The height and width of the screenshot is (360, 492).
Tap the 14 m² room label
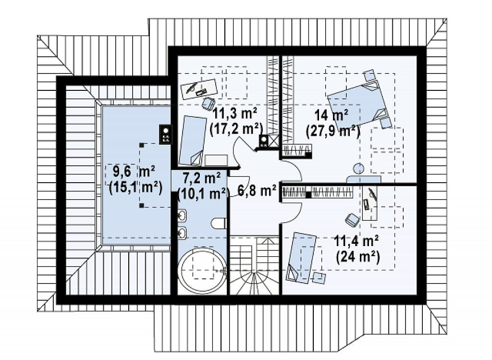pos(332,115)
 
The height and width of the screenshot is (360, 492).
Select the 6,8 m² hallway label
pos(257,190)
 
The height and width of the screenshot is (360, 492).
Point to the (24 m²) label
pos(357,257)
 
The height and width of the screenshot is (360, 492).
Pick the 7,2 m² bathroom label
pos(201,178)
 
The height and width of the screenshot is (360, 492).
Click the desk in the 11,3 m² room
pos(199,89)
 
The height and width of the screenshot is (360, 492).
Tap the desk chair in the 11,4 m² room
pos(352,220)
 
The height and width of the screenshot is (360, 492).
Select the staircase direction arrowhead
pos(267,240)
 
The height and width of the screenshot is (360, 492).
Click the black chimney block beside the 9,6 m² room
pos(165,134)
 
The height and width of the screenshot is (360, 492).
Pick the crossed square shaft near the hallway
pos(273,141)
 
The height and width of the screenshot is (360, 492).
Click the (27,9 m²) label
pos(333,131)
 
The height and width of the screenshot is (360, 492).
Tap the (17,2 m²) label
pos(235,128)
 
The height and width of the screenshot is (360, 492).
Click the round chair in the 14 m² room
pos(358,169)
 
